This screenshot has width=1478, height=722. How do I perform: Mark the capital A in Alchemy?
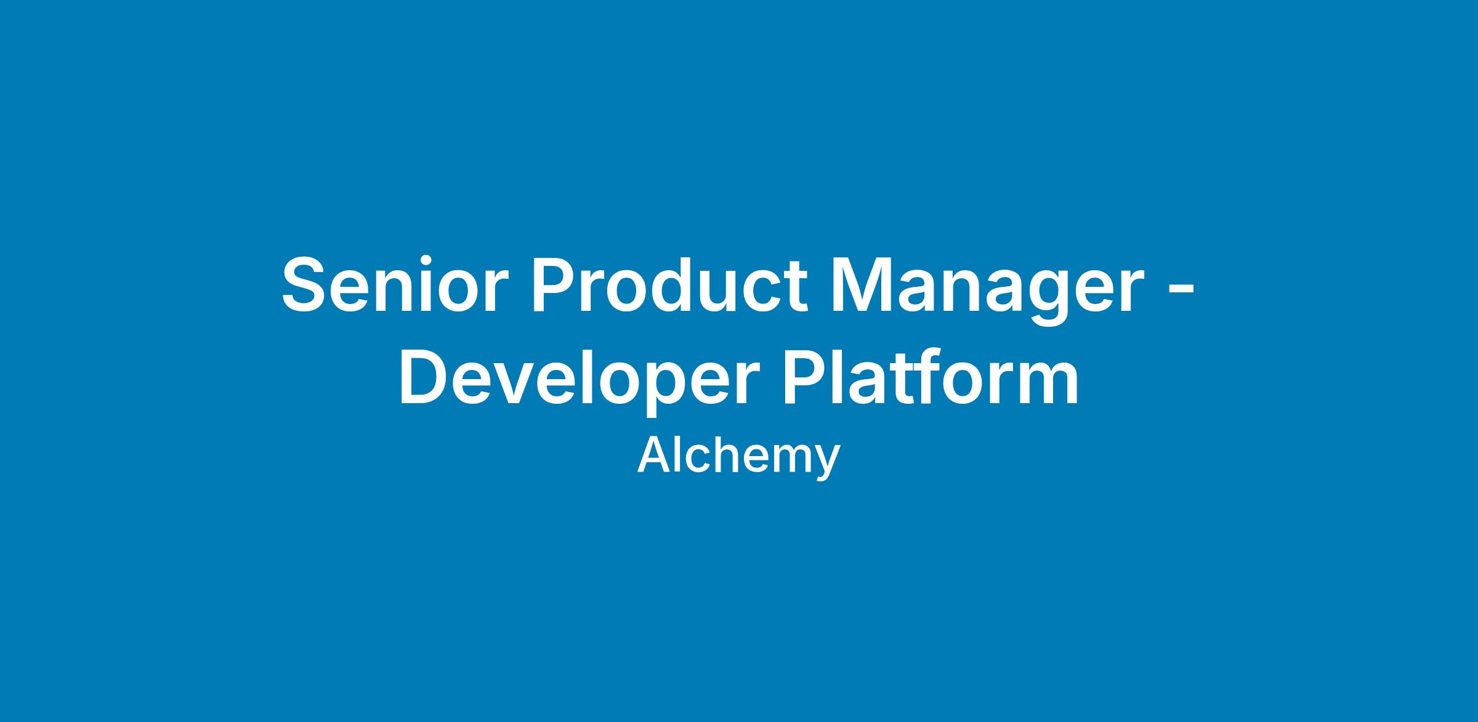point(655,455)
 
